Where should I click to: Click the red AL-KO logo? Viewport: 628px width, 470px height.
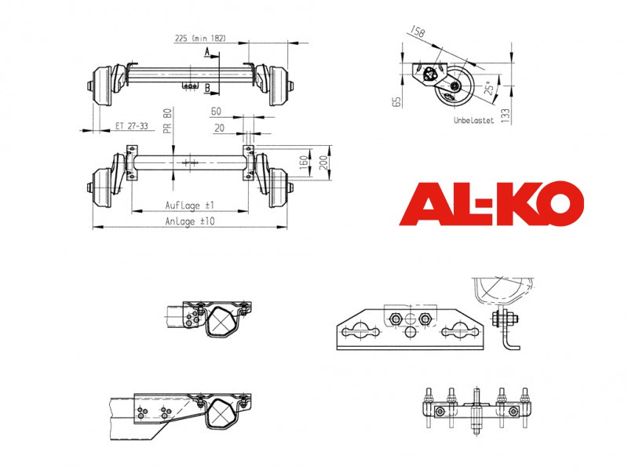click(491, 203)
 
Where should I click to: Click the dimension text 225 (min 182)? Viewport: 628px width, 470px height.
click(200, 38)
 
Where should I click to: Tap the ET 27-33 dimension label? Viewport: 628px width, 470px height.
click(131, 126)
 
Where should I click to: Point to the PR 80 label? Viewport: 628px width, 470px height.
click(167, 121)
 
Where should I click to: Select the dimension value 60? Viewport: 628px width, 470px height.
click(216, 111)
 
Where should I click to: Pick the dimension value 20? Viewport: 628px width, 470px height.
click(219, 128)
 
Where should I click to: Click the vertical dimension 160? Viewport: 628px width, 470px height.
click(304, 162)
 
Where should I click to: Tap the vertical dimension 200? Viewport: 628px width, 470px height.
click(323, 162)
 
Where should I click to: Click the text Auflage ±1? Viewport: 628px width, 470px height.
click(190, 206)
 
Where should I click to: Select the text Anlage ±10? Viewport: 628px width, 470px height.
click(190, 221)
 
